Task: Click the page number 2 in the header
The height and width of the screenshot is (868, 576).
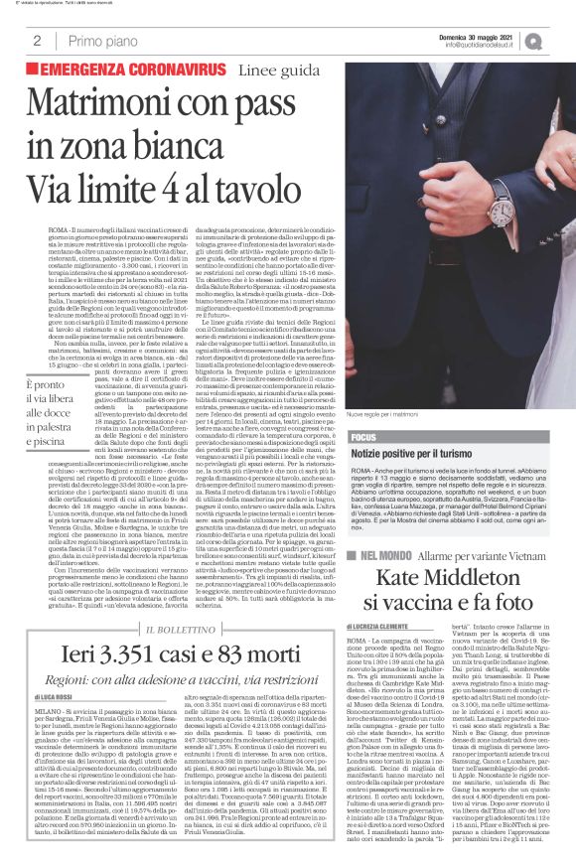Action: [37, 41]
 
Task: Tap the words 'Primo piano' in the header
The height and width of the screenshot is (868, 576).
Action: [99, 41]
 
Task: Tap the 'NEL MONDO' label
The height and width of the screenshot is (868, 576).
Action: [388, 552]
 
